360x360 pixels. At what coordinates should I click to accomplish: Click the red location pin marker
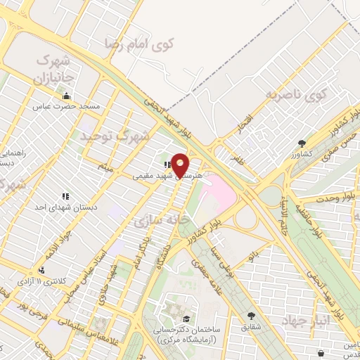181,165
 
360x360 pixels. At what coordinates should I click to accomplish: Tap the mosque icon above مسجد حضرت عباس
67,96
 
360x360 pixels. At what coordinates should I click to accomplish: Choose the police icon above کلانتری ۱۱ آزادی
43,269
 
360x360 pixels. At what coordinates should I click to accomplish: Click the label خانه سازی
162,220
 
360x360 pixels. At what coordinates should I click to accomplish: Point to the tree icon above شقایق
252,315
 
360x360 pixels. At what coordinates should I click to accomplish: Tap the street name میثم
106,167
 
